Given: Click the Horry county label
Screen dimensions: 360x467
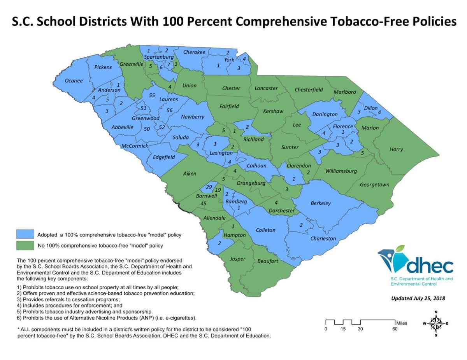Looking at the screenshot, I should point(396,149).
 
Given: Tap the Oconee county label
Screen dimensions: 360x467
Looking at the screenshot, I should point(74,81).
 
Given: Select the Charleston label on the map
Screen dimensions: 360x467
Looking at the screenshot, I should point(323,239).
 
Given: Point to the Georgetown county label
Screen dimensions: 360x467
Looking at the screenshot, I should point(374,185).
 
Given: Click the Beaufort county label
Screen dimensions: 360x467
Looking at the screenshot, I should point(268,261).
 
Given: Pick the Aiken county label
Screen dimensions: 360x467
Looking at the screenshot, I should point(190,174).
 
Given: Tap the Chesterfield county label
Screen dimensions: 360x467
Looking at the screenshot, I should point(309,90).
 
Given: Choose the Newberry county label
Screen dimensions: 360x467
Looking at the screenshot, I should point(192,117).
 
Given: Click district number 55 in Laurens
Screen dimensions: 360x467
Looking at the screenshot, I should point(152,96).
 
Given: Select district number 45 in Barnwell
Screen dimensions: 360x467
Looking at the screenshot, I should point(203,203).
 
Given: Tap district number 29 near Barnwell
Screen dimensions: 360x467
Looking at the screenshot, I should point(209,187).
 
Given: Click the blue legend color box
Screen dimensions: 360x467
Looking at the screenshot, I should point(25,234).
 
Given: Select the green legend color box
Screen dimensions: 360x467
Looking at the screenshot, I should point(25,245).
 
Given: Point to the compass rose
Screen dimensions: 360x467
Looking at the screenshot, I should point(436,323).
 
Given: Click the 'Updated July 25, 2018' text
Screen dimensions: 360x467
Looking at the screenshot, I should point(418,299).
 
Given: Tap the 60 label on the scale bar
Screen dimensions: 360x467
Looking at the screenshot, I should point(395,329).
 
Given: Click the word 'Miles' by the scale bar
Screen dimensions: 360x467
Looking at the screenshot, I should point(402,323).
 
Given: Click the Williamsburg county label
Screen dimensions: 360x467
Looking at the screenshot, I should point(341,171).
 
